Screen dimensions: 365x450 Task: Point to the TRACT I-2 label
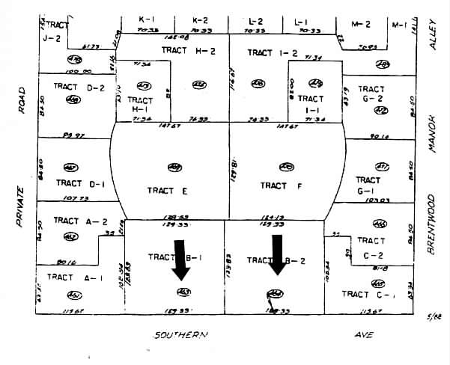pyautogui.click(x=273, y=53)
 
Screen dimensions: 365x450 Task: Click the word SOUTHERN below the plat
pyautogui.click(x=180, y=335)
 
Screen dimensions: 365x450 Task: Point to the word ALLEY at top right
pyautogui.click(x=432, y=35)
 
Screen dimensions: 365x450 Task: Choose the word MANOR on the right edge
pyautogui.click(x=432, y=135)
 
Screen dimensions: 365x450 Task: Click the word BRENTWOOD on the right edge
pyautogui.click(x=432, y=224)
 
